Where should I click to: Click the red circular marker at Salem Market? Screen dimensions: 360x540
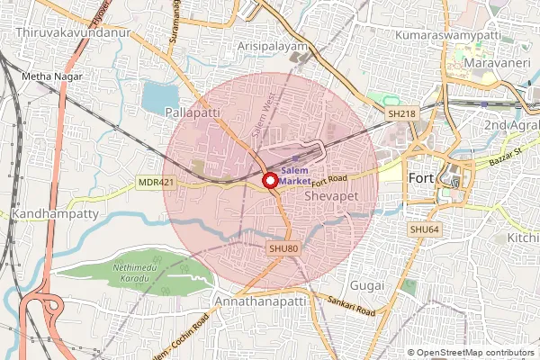tap(268, 181)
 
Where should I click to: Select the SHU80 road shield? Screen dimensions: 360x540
tap(282, 247)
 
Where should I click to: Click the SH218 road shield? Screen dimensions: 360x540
tap(400, 114)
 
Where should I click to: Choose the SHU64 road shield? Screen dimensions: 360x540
tap(424, 230)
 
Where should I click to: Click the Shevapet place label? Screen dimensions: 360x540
tap(332, 194)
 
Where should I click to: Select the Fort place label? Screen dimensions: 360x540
tap(422, 178)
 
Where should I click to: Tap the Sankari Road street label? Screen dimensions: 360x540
tap(351, 308)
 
